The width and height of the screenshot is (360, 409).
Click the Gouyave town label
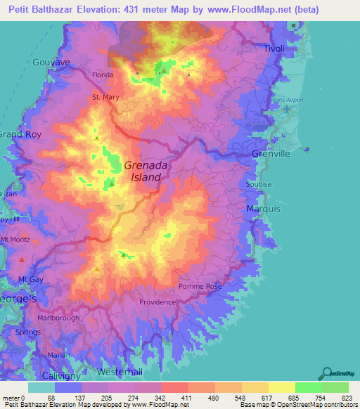pyautogui.click(x=51, y=63)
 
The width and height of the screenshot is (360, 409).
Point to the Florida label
pyautogui.click(x=103, y=73)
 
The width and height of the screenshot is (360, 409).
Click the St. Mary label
pyautogui.click(x=105, y=98)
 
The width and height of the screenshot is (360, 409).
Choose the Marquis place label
pyautogui.click(x=264, y=209)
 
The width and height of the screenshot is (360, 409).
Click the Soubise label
pyautogui.click(x=258, y=184)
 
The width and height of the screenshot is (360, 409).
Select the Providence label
pyautogui.click(x=157, y=302)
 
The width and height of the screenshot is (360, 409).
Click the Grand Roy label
pyautogui.click(x=20, y=134)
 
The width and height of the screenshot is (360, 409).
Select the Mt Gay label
pyautogui.click(x=31, y=279)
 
